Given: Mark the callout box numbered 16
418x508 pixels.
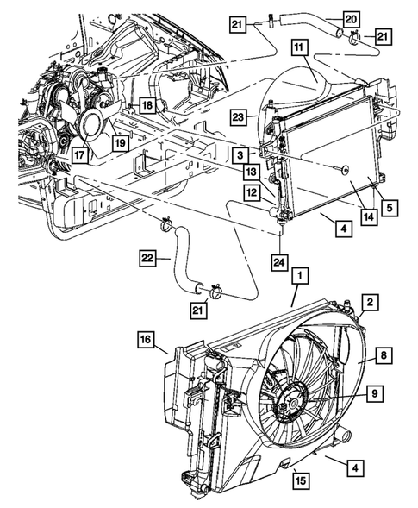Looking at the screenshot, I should (x=146, y=342).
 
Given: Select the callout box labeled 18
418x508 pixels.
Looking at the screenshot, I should (x=147, y=105).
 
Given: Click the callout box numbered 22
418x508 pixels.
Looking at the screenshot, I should (x=148, y=257).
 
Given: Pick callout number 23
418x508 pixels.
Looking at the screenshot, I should (x=240, y=115).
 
